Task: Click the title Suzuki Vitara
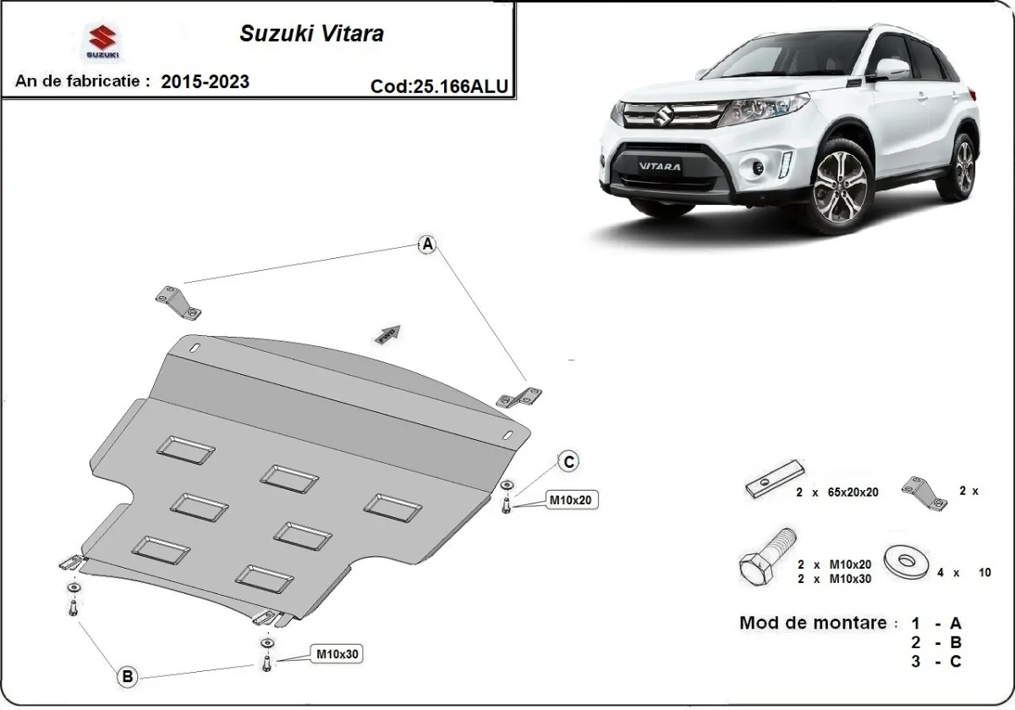point(311,34)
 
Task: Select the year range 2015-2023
point(205,81)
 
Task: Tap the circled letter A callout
point(428,245)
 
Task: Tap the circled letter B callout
point(127,676)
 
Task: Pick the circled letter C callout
point(569,461)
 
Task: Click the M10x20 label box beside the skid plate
point(573,500)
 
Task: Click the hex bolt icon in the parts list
point(767,559)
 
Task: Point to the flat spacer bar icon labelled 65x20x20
point(774,479)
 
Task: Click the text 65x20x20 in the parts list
point(848,492)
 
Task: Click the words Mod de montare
point(813,624)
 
